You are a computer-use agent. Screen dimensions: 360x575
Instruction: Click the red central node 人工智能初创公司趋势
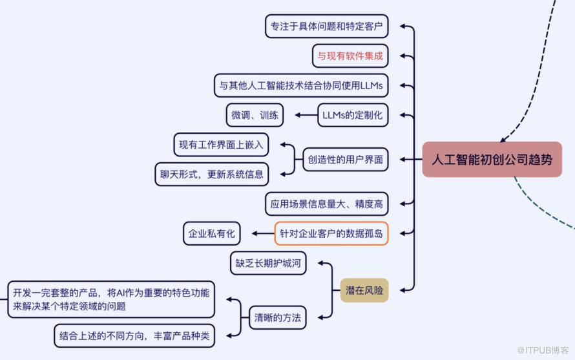[492, 160]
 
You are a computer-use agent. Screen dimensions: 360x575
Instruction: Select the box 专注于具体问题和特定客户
[326, 26]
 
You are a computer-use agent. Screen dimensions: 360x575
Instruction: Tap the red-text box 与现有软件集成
[350, 56]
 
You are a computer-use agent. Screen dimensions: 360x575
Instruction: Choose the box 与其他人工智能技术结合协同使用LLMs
[300, 85]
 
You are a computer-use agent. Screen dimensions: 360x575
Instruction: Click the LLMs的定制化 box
[352, 115]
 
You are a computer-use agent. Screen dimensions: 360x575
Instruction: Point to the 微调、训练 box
[255, 115]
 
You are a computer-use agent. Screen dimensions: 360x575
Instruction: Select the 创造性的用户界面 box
[346, 159]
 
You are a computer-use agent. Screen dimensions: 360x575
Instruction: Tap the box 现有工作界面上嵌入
[221, 145]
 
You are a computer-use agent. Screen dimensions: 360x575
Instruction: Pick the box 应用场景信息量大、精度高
[326, 204]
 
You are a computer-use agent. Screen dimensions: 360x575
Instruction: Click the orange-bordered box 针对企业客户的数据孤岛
[331, 233]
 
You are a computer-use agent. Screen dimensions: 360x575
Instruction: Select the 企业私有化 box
[212, 233]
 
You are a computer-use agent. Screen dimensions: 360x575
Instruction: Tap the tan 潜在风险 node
[364, 290]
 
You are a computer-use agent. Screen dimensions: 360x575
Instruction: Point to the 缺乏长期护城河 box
[268, 263]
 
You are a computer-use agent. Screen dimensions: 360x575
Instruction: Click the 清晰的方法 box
[277, 317]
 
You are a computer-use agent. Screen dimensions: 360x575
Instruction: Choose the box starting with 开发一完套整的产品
[110, 299]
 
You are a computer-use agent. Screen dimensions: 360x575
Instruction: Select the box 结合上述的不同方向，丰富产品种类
[134, 335]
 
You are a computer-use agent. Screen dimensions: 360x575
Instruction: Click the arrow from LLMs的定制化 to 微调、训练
[306, 115]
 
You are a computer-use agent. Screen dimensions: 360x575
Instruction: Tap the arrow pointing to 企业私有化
[262, 233]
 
